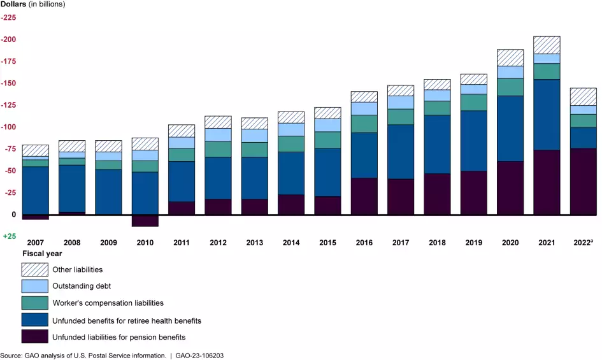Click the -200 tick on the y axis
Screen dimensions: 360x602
point(10,40)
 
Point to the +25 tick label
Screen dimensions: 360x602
point(10,236)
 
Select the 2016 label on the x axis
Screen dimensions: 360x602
point(364,243)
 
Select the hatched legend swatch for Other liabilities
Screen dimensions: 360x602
point(34,270)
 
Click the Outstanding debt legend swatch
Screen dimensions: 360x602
point(34,286)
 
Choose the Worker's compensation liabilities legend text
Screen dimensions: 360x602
point(108,303)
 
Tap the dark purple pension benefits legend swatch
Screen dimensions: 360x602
point(34,336)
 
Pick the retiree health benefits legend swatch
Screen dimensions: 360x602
point(34,320)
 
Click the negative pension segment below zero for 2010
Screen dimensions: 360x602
point(145,220)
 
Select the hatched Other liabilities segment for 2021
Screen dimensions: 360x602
point(547,45)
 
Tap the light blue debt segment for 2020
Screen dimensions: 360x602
point(510,72)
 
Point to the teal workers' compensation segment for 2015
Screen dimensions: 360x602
point(328,140)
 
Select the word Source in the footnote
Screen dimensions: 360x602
point(11,354)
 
